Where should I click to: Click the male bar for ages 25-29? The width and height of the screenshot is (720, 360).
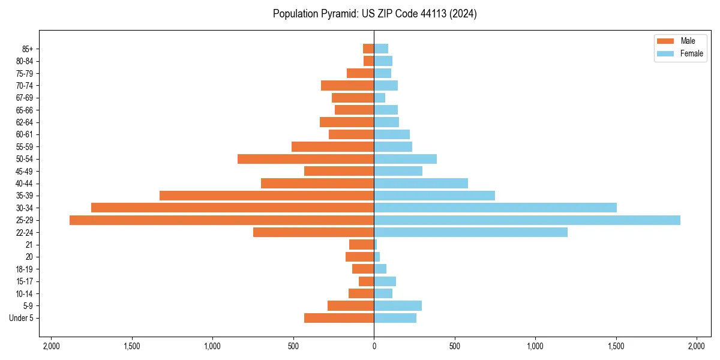point(221,220)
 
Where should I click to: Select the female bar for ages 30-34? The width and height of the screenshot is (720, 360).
point(495,208)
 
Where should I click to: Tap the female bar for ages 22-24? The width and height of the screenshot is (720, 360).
point(470,232)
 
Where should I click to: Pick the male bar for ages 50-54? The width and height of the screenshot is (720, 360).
point(305,159)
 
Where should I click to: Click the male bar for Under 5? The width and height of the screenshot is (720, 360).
point(339,318)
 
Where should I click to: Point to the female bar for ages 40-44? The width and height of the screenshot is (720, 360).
point(421,183)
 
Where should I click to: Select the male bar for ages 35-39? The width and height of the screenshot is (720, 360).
point(266,196)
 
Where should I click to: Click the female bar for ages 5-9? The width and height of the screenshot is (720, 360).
point(398,306)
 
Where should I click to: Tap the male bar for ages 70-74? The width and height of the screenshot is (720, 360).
point(347,86)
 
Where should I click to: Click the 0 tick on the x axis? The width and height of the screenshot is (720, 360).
point(374,346)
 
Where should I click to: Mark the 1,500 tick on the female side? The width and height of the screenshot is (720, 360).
point(616,346)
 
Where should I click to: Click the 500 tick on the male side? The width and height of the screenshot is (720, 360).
point(293,346)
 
